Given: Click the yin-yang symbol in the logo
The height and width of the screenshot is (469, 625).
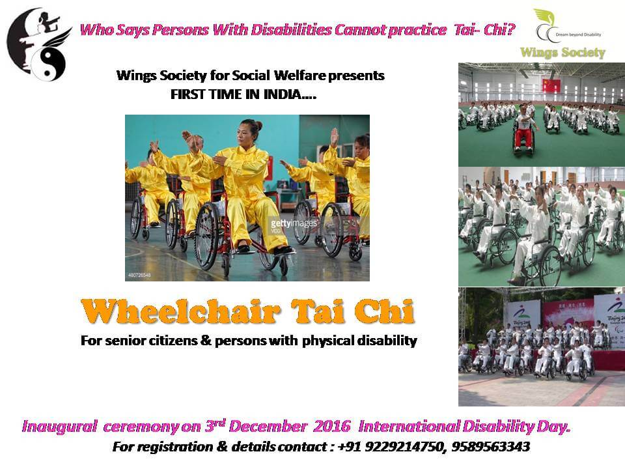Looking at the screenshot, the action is [x=48, y=64].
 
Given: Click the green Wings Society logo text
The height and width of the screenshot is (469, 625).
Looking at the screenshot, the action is [x=562, y=53].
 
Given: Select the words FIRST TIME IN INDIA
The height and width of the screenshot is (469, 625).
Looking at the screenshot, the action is [x=243, y=94].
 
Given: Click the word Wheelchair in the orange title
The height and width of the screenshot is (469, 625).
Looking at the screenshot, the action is [x=180, y=311].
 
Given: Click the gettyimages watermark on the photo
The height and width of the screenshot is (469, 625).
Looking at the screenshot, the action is [x=294, y=223].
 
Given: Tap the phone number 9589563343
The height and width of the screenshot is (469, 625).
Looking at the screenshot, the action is [x=491, y=447].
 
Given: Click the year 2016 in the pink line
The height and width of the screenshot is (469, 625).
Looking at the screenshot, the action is [x=331, y=426].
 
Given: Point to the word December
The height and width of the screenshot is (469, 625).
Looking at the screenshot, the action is [x=268, y=426].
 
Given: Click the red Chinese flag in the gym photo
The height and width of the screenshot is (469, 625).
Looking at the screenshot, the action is [x=551, y=85].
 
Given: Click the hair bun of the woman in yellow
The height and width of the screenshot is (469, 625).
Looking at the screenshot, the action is [x=258, y=125].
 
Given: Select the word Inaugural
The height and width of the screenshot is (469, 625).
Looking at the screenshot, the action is [x=60, y=426].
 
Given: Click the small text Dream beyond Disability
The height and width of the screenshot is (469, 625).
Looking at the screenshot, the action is [x=578, y=35].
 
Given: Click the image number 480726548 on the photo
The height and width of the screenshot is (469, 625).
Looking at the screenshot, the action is [x=139, y=275].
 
